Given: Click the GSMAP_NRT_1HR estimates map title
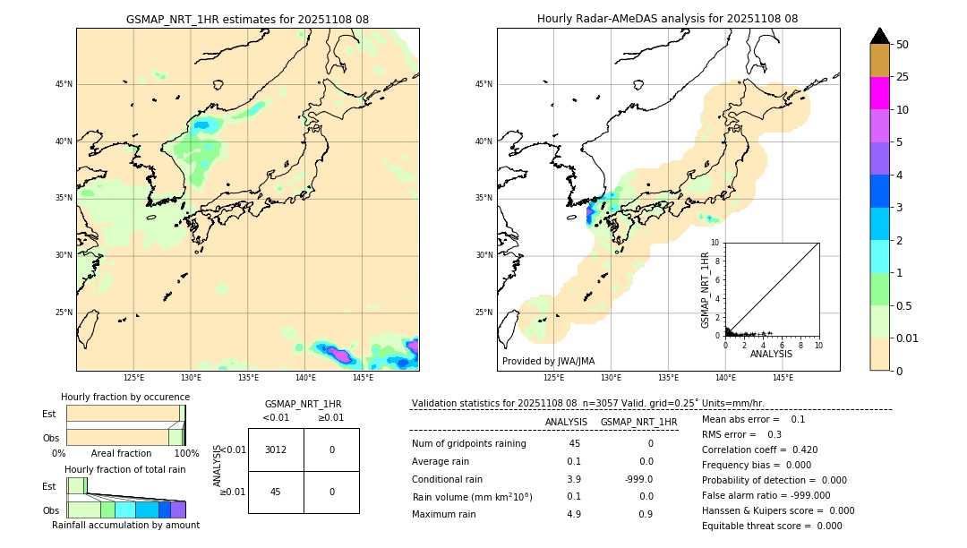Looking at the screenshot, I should click(x=247, y=19).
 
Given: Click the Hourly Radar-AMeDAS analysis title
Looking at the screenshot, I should click(x=667, y=19).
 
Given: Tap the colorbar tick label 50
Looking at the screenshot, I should click(x=903, y=45).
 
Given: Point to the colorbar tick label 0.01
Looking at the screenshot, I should click(x=908, y=338).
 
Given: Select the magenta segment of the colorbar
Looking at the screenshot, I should click(x=880, y=93).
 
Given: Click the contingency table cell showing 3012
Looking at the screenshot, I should click(x=276, y=450).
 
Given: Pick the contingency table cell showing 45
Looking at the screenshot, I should click(x=276, y=492).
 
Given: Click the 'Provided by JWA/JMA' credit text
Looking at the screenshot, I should click(x=548, y=361).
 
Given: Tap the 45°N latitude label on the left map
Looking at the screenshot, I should click(x=64, y=84).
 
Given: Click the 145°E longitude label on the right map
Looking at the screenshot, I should click(x=783, y=378).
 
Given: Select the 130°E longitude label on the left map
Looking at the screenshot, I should click(x=191, y=378).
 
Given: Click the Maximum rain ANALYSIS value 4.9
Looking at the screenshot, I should click(x=574, y=514).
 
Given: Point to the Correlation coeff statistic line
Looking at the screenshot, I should click(x=759, y=450).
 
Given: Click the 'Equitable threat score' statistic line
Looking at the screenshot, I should click(x=772, y=526).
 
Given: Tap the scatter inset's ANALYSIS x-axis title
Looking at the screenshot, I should click(x=771, y=355).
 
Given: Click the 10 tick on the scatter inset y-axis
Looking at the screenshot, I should click(x=715, y=242).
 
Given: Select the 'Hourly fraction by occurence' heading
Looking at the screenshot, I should click(x=125, y=397).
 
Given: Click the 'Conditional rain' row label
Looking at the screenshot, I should click(x=449, y=479).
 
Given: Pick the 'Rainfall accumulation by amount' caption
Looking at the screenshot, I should click(x=125, y=525).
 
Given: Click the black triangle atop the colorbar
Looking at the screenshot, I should click(x=880, y=36).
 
